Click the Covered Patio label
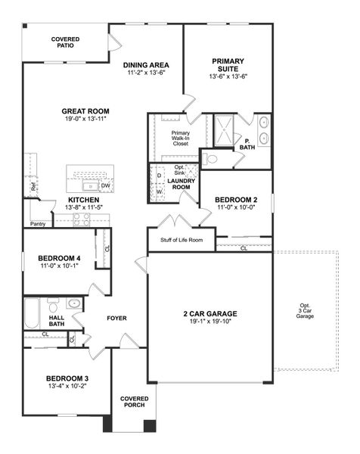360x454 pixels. (66, 42)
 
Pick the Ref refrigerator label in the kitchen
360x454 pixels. (33, 186)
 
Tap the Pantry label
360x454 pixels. (38, 224)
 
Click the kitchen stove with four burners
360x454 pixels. (81, 219)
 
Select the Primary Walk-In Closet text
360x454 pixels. (180, 138)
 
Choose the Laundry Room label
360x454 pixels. (182, 185)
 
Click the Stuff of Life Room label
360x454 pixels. (182, 240)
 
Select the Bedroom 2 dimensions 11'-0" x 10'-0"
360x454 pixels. (236, 207)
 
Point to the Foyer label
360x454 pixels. (116, 319)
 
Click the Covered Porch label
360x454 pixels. (134, 402)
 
